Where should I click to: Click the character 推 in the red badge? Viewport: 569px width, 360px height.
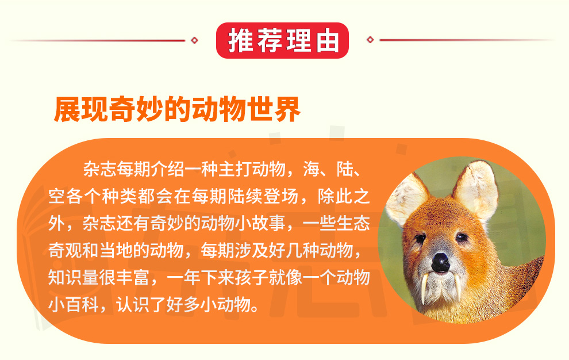(240, 40)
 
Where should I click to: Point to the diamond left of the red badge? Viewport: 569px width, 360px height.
(194, 40)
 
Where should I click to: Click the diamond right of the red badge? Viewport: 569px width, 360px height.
(370, 40)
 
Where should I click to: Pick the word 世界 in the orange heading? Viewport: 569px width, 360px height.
(273, 109)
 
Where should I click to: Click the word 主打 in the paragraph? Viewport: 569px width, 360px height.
(235, 168)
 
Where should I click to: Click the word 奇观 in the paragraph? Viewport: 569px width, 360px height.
(66, 250)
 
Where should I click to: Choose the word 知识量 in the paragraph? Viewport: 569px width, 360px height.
(74, 278)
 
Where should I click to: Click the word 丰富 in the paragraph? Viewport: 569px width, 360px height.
(133, 278)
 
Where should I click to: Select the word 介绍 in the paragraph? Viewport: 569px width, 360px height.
(167, 168)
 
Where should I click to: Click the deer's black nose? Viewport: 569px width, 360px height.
(441, 262)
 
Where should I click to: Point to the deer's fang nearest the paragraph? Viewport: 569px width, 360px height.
(424, 289)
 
